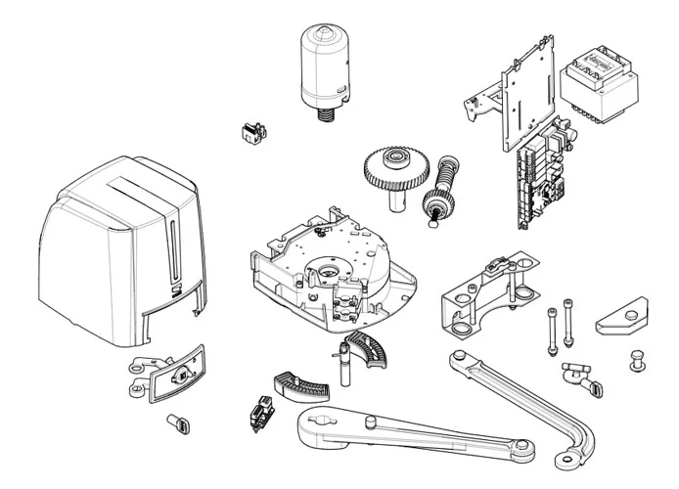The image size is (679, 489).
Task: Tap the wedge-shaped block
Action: point(622,316)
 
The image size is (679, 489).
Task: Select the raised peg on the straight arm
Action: point(370,421)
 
